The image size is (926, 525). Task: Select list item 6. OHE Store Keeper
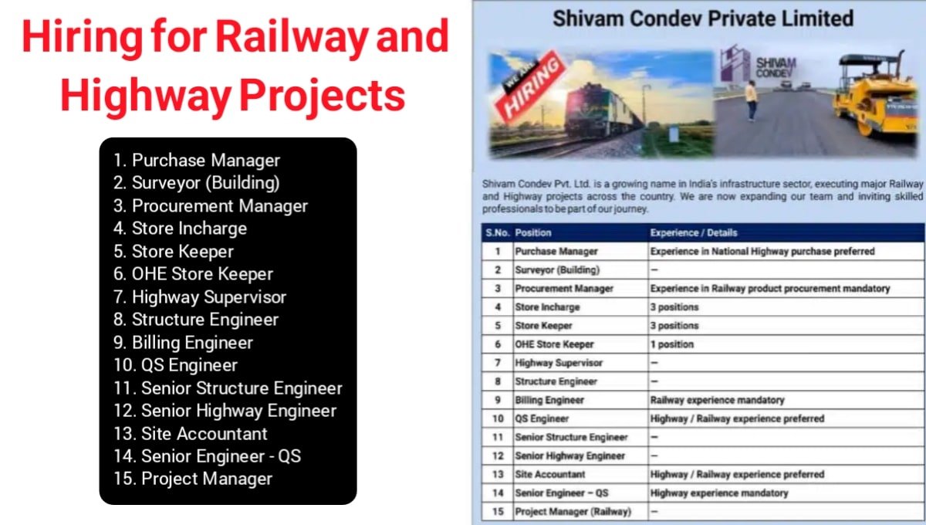[x=193, y=274]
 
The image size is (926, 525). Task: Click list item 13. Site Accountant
[x=191, y=434]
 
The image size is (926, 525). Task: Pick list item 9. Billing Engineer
[x=183, y=343]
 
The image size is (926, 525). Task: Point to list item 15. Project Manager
[x=193, y=479]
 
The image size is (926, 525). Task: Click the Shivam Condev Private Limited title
[x=703, y=19]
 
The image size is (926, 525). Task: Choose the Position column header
[x=533, y=232]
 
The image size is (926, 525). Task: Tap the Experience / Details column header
[x=694, y=232]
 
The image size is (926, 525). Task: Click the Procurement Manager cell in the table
[x=564, y=289]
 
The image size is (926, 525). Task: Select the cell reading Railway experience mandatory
[x=717, y=400]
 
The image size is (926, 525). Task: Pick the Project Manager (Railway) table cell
[x=573, y=512]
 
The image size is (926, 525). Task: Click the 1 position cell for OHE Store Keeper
[x=672, y=344]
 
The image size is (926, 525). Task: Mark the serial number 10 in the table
[x=498, y=418]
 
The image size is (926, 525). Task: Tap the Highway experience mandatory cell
[x=719, y=493]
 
